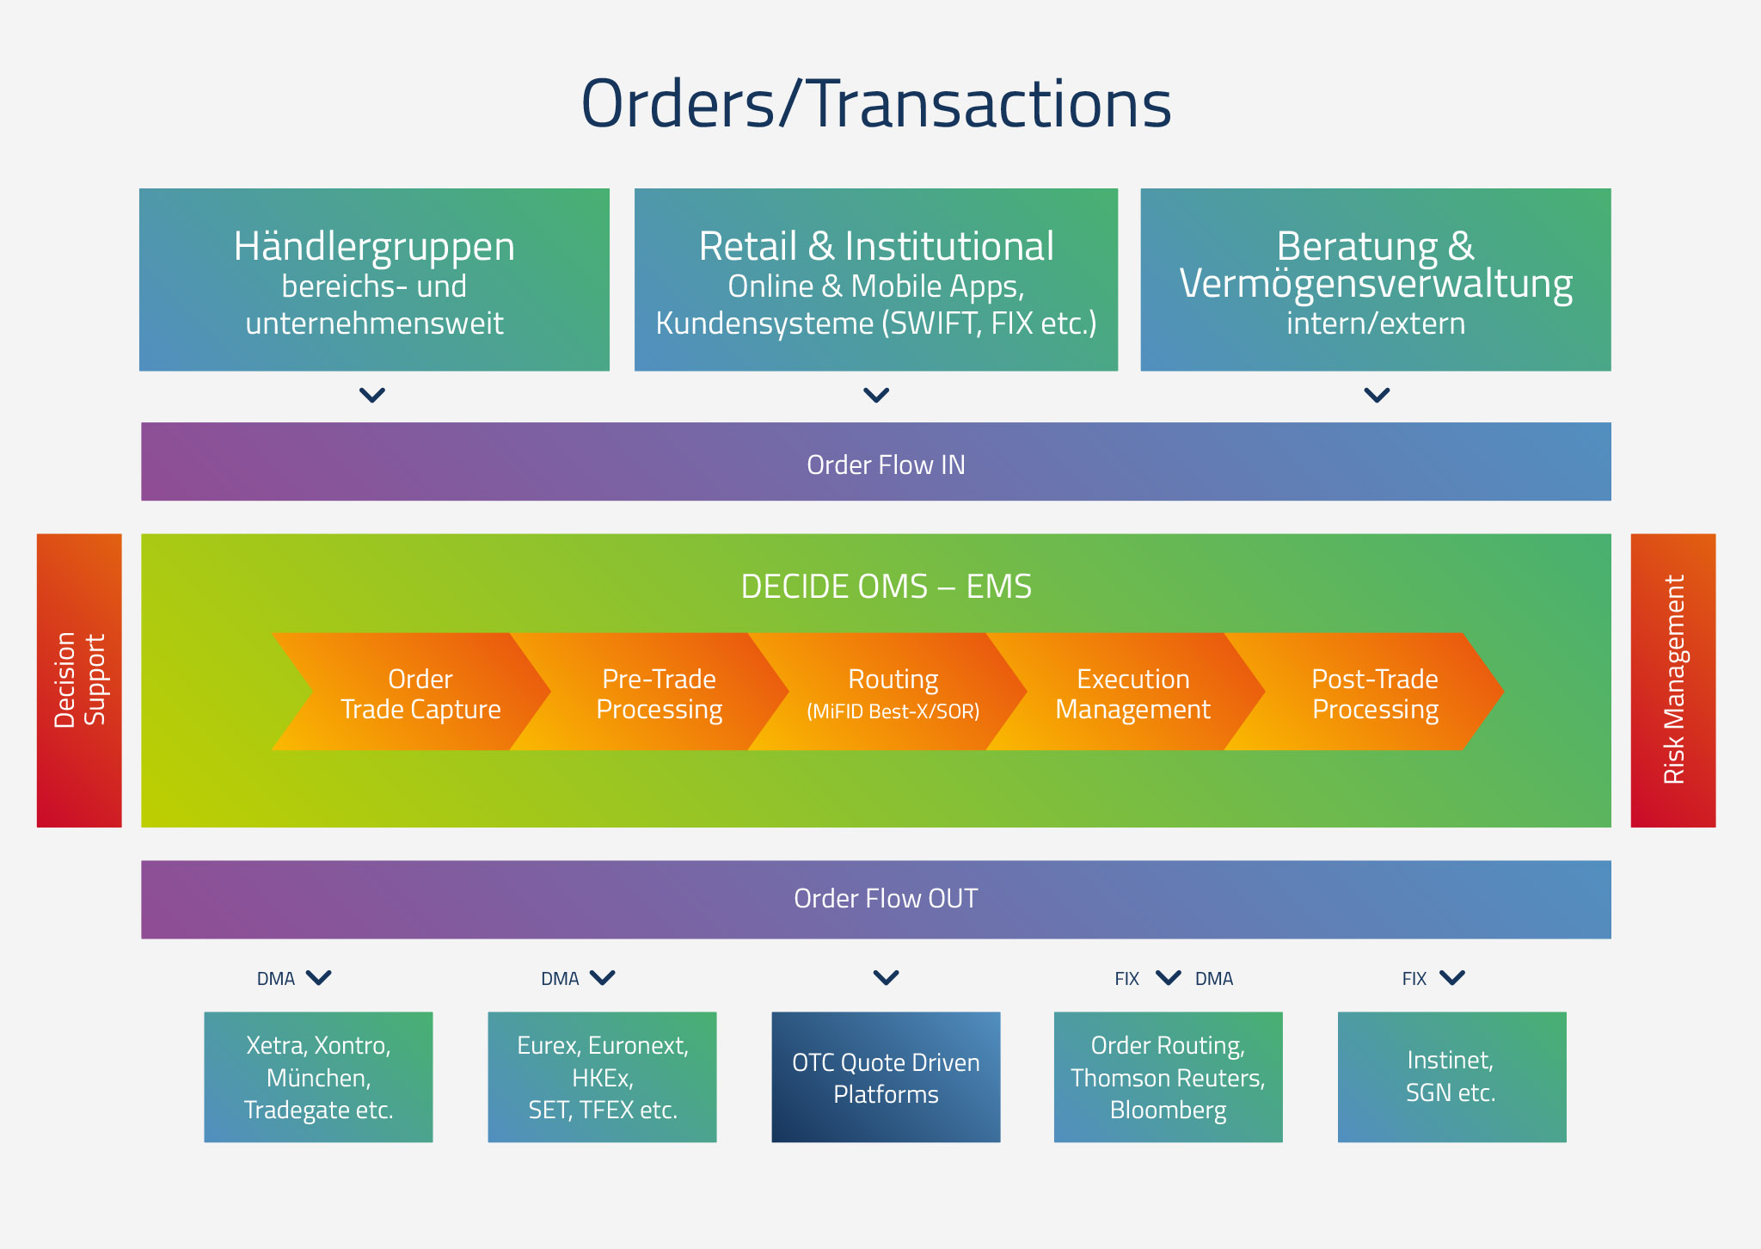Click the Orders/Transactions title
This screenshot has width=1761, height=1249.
click(876, 104)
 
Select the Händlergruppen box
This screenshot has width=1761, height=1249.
click(374, 280)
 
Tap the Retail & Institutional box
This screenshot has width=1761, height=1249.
click(876, 280)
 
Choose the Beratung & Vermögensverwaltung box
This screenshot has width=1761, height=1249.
click(1376, 280)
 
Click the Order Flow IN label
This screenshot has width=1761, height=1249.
click(886, 465)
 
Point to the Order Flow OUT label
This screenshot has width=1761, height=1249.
click(886, 899)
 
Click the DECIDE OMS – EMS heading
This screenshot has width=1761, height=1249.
click(886, 587)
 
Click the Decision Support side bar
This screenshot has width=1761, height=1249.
click(79, 680)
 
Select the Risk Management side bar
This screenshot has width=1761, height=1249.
click(1673, 680)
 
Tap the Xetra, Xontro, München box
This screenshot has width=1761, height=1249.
click(318, 1077)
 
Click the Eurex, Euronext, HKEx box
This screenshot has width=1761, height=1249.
click(602, 1077)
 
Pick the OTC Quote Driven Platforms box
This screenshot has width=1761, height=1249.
click(886, 1077)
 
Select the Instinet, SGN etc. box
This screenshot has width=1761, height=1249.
click(1452, 1077)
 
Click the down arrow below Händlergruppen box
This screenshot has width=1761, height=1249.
click(372, 396)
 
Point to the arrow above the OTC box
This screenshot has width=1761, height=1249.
click(887, 978)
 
